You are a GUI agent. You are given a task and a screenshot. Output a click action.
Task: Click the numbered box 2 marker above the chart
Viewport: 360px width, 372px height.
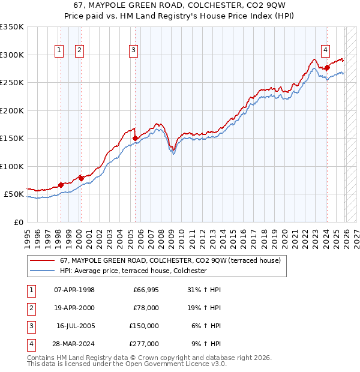[x=79, y=51]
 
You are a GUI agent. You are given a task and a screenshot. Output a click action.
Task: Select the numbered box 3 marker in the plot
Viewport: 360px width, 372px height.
[x=133, y=51]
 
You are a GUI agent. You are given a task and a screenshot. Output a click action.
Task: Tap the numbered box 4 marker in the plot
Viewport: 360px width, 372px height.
[x=325, y=51]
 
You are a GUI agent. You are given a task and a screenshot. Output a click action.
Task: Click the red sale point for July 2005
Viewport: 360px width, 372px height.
[x=135, y=139]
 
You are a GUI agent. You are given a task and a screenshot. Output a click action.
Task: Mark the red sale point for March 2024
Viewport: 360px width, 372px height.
[x=326, y=68]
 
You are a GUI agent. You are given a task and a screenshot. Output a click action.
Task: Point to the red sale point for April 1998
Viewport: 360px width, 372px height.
[x=61, y=185]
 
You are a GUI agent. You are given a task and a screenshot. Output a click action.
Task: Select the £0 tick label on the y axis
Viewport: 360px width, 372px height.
[x=18, y=222]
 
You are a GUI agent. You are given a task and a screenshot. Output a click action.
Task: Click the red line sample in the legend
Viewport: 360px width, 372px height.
[x=43, y=261]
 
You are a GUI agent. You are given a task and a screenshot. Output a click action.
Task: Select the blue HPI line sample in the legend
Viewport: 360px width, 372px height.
[x=43, y=271]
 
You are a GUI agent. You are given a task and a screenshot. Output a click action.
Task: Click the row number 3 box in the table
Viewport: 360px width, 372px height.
[x=29, y=326]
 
